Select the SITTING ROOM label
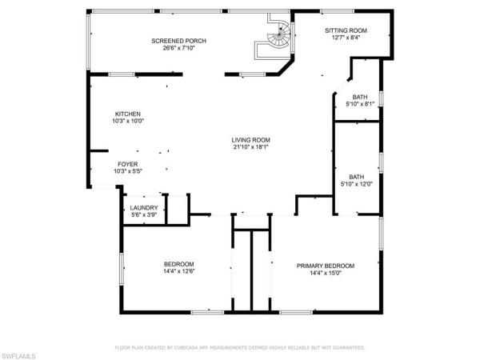[346, 30]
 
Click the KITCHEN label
[128, 113]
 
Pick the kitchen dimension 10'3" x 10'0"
[128, 121]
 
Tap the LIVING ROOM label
[251, 139]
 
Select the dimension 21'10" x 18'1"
[251, 147]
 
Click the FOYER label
[128, 163]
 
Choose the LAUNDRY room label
[144, 207]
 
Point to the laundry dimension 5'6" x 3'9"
[144, 214]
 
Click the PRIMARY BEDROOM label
[326, 266]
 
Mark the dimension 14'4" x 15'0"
[326, 273]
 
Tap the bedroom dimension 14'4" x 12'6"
[179, 271]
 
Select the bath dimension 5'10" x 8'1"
[360, 104]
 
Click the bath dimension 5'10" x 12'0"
[356, 184]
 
